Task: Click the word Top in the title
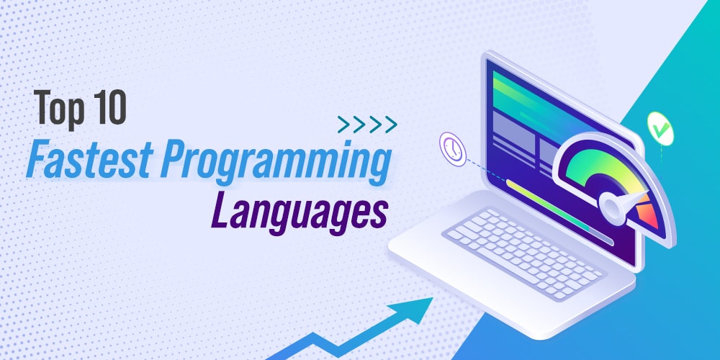point(58,109)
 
